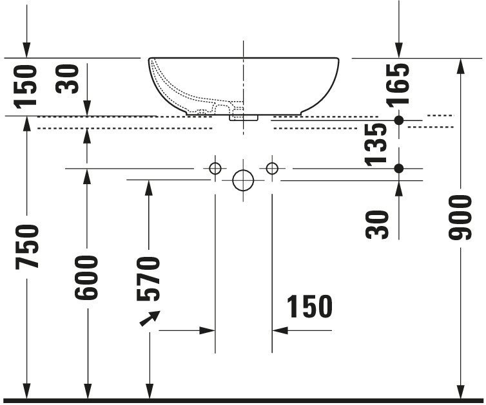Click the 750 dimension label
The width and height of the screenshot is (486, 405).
pos(27,246)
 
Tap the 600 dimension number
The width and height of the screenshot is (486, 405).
pos(86,278)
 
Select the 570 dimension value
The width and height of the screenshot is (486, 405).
pos(148,279)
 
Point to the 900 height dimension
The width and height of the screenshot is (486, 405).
pos(460,217)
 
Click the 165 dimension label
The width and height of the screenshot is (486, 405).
pos(398,85)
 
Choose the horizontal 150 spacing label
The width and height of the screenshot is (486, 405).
pos(309,306)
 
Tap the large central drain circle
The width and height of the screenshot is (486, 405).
pos(243,180)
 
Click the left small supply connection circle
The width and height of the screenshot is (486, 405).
pos(215,169)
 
